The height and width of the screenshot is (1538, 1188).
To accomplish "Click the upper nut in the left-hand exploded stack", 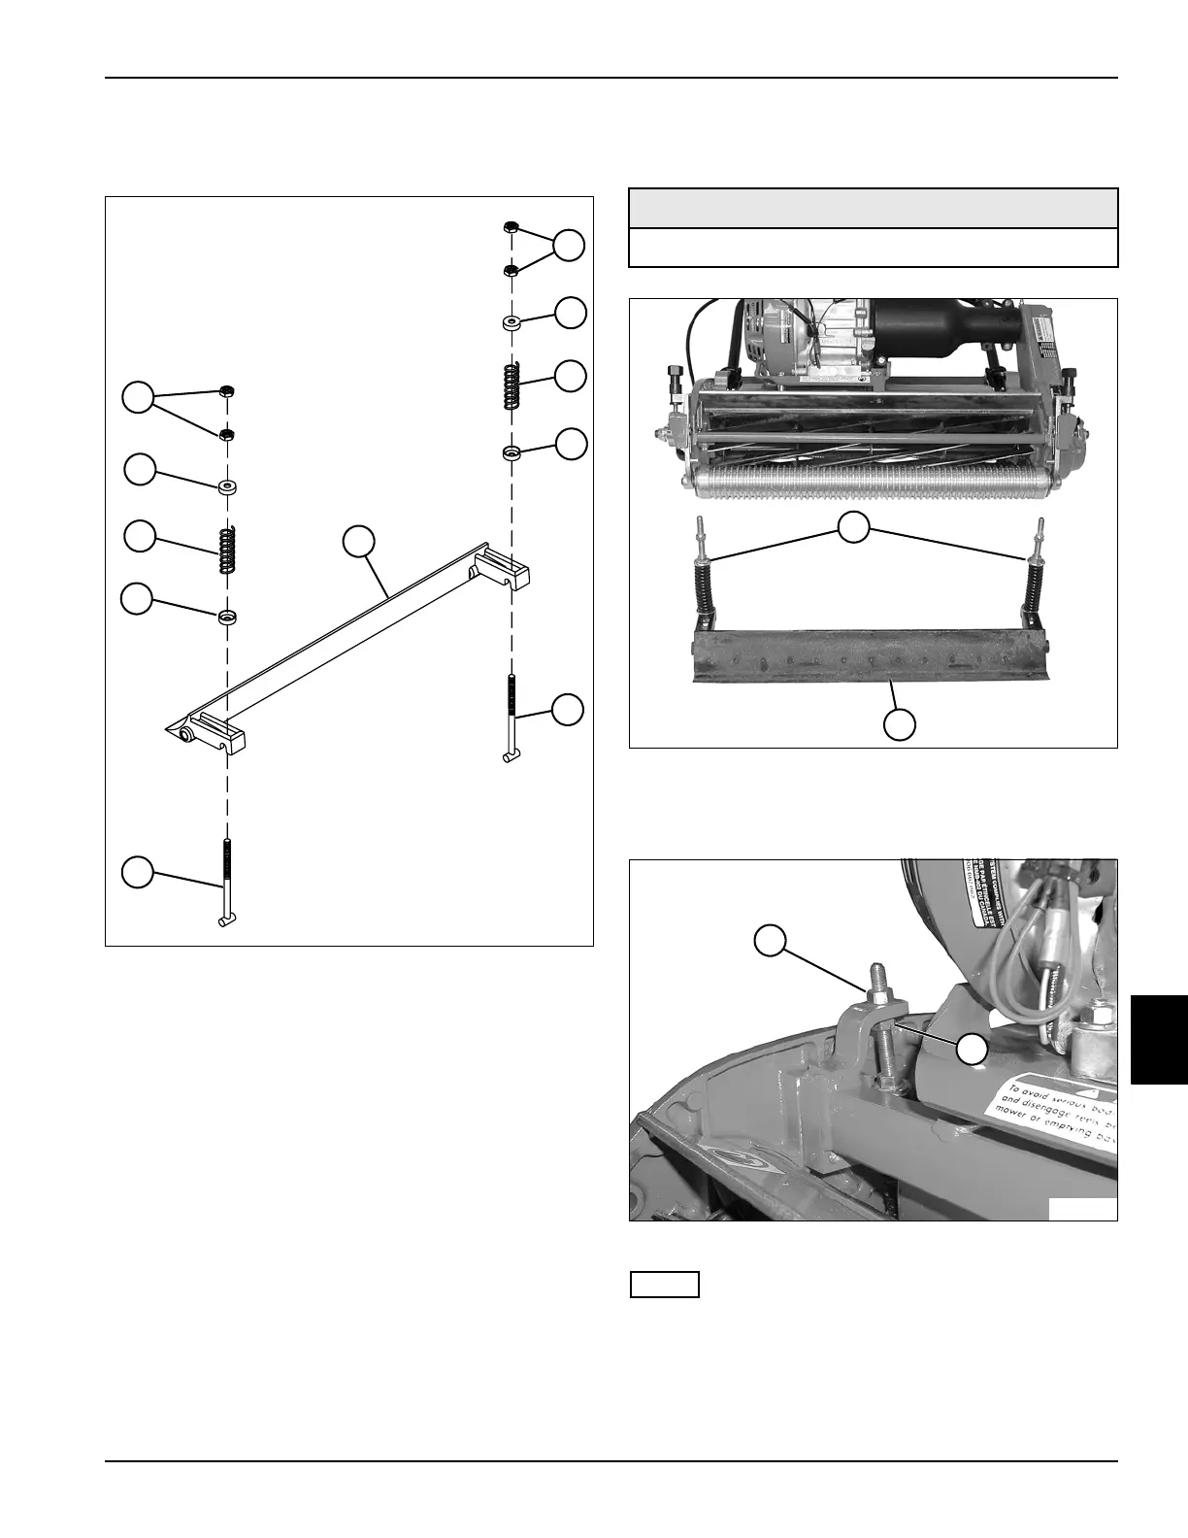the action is (225, 391).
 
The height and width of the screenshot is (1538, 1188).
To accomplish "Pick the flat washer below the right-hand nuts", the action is (511, 321).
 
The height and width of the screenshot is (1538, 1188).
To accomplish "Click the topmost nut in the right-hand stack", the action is (510, 228).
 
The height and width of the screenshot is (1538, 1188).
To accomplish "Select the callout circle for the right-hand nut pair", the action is (571, 246).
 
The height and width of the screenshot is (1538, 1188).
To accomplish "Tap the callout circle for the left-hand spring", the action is (140, 537).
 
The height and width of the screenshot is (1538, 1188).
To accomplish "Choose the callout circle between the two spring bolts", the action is (853, 529).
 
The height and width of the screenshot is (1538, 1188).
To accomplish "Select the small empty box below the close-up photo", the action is (665, 1285).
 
